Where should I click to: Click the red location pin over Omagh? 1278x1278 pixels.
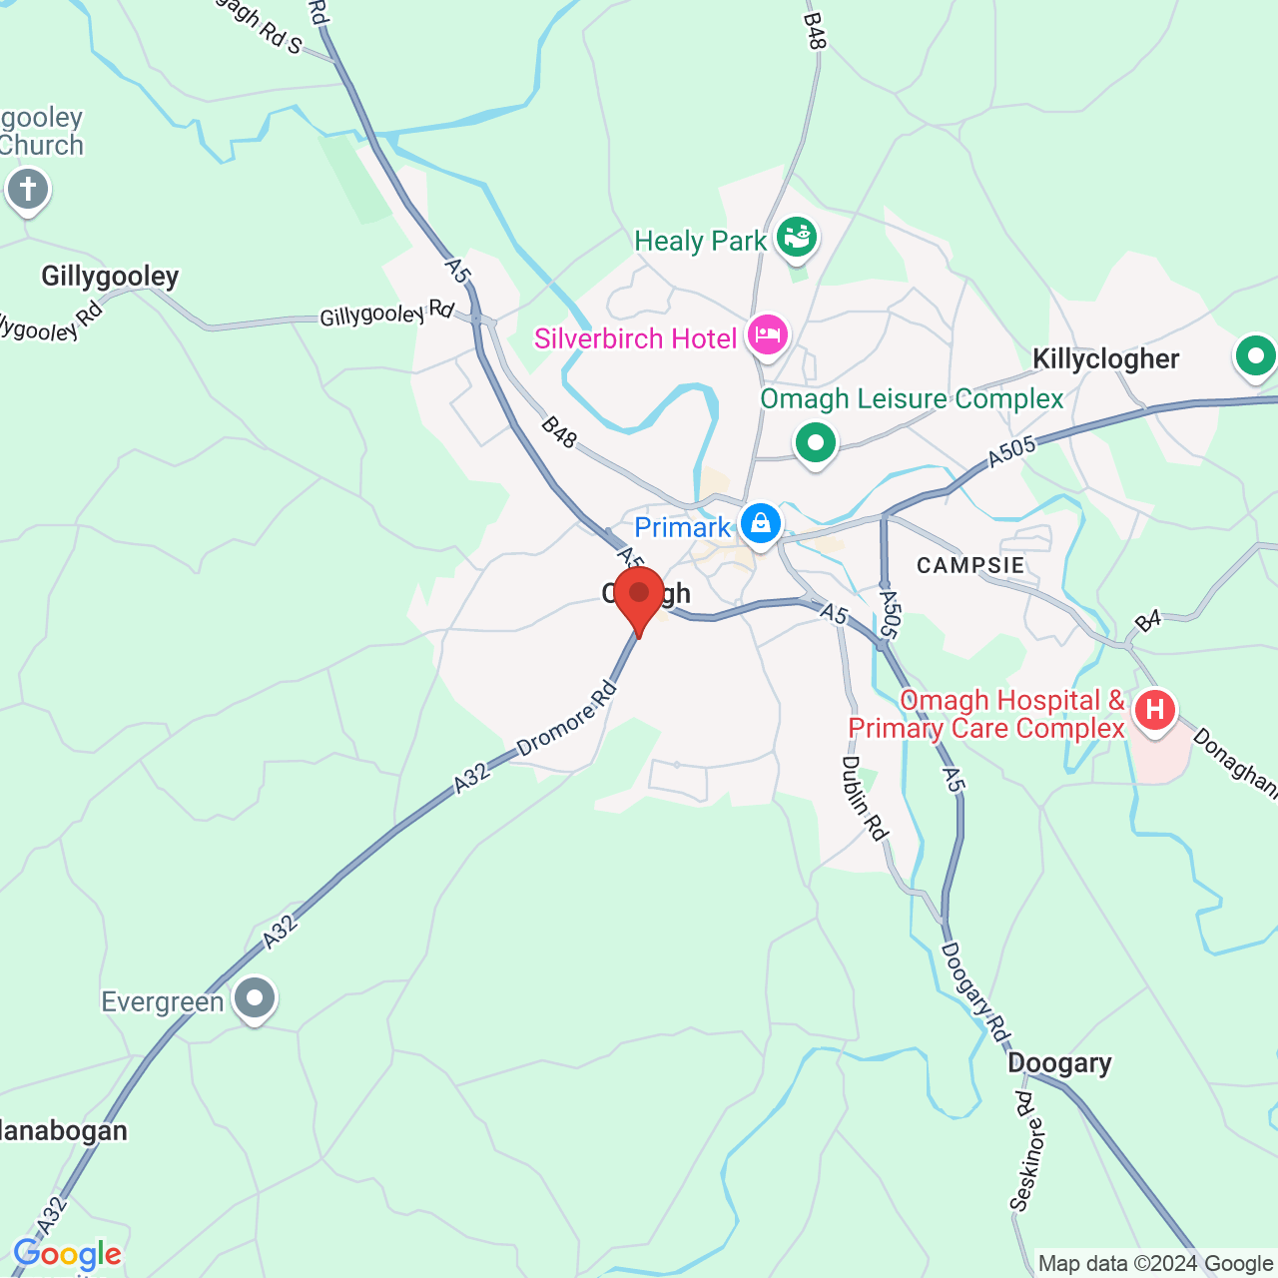[x=639, y=596]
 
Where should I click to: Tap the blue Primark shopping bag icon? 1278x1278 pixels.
[x=761, y=523]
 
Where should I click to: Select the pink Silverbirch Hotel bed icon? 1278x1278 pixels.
[x=767, y=335]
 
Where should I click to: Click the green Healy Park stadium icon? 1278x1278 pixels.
[x=797, y=238]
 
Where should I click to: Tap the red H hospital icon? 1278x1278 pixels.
[x=1155, y=711]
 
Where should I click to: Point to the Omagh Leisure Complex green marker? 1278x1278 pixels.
[x=816, y=442]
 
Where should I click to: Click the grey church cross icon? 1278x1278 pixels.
[x=28, y=189]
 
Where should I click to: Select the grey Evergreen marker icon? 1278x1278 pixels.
[x=255, y=998]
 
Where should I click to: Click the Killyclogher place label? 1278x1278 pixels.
[x=1105, y=359]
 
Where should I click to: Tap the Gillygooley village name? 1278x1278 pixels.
[x=110, y=277]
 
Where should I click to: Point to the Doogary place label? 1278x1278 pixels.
[x=1059, y=1063]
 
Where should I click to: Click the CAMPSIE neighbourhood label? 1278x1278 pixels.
[x=970, y=565]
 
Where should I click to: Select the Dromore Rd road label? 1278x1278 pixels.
[x=567, y=721]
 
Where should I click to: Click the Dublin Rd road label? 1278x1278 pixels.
[x=865, y=798]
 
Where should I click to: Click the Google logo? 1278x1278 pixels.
[x=68, y=1255]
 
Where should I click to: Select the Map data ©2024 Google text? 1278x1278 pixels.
[x=1155, y=1264]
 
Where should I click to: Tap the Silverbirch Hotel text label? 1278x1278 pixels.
[x=635, y=339]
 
